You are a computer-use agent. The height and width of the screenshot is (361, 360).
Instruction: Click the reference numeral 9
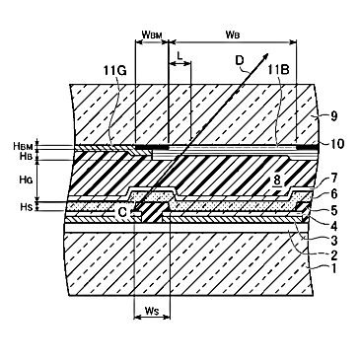click(333, 116)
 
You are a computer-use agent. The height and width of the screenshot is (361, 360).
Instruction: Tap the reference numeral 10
click(336, 143)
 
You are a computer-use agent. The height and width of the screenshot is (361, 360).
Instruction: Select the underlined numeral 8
click(278, 181)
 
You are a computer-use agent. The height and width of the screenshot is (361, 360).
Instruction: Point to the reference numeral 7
click(333, 180)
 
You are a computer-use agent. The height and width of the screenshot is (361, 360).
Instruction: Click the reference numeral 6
click(333, 194)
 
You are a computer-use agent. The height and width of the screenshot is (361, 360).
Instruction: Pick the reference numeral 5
click(333, 210)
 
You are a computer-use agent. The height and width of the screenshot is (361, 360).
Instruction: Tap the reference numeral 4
click(333, 225)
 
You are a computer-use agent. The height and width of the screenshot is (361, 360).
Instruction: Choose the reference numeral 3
click(333, 240)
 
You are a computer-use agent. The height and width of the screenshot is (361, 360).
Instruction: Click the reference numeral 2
click(333, 254)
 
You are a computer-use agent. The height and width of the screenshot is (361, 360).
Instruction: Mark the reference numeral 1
click(333, 268)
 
